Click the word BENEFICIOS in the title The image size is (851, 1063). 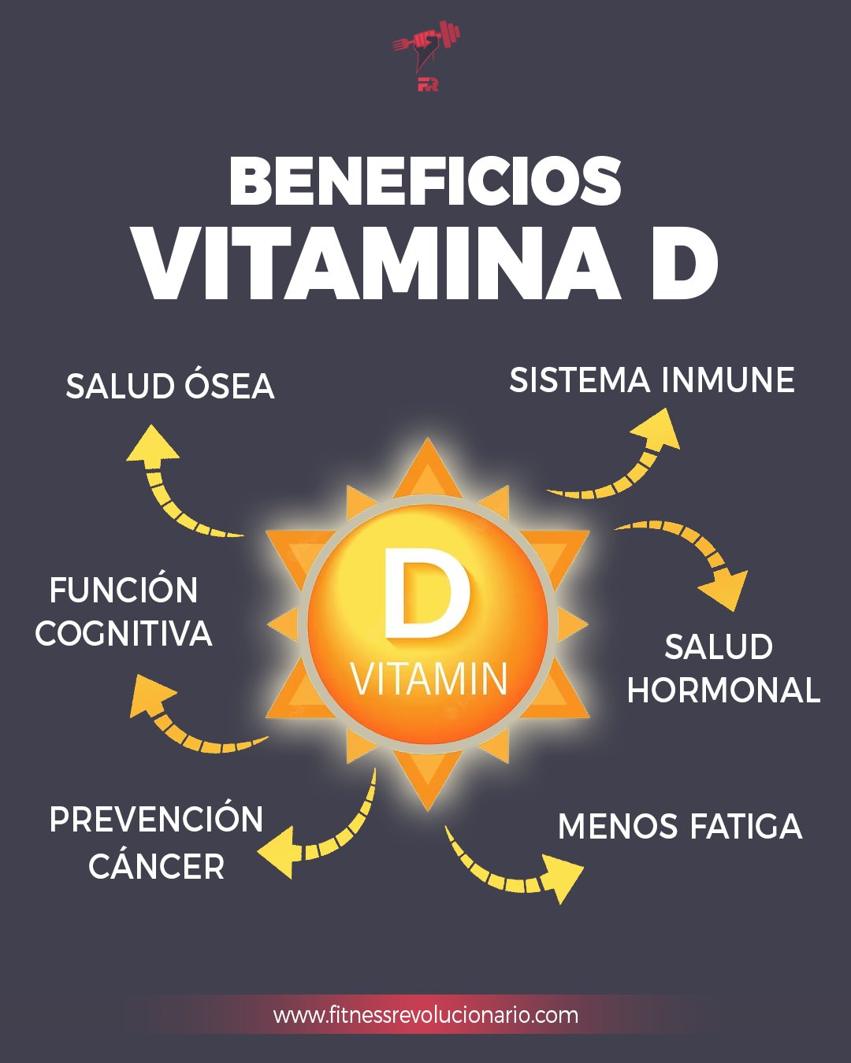coord(425,181)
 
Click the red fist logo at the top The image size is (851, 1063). coord(426,55)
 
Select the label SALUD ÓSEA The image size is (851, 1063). coord(170,387)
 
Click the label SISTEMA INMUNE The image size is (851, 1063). coord(652,380)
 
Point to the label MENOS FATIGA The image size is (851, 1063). coord(679,827)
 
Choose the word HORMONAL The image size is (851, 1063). coord(723,691)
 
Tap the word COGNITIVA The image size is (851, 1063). coord(124,634)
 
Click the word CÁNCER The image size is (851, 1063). coord(157,867)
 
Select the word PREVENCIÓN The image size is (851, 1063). coord(156,820)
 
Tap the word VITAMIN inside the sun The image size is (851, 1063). coord(429,679)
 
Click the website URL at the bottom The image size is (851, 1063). coord(425,1015)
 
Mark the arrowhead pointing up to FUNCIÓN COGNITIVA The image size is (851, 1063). coord(150,695)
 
